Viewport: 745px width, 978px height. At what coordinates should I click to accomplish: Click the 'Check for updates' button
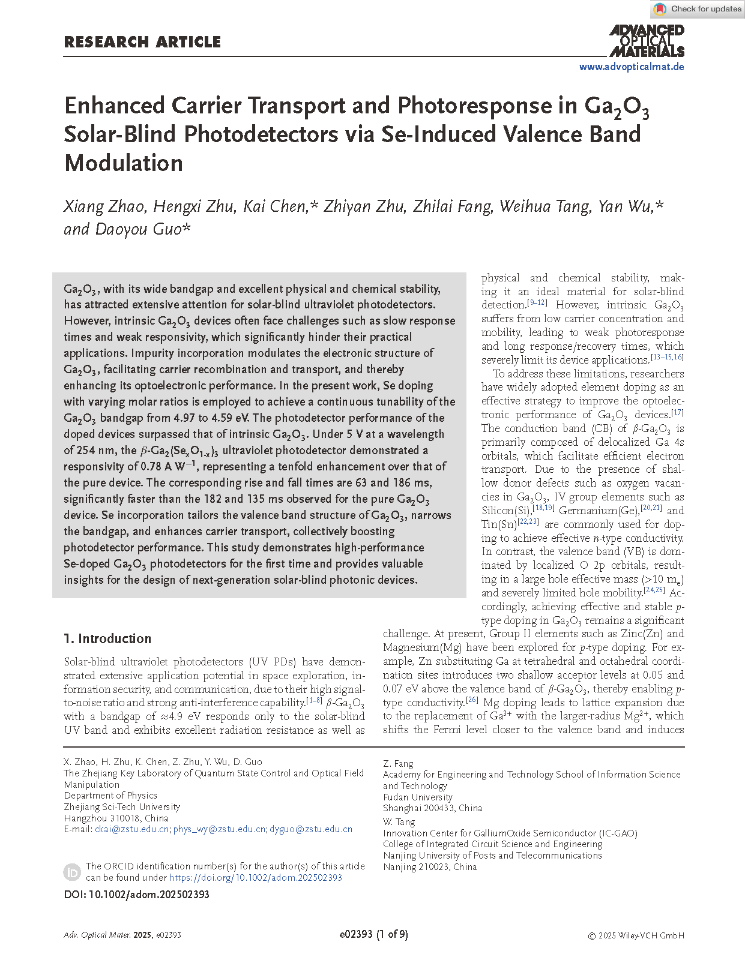tap(698, 9)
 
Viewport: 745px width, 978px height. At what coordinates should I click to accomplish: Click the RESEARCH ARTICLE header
tap(142, 42)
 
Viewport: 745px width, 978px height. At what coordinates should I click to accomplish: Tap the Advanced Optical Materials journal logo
tap(647, 41)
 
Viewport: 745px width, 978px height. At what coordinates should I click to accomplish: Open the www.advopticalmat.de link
tap(631, 67)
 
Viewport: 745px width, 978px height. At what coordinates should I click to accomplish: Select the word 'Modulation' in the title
tap(124, 163)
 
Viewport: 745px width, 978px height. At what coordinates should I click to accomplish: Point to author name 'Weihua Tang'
tap(544, 206)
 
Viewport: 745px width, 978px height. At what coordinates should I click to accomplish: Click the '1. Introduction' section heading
tap(107, 638)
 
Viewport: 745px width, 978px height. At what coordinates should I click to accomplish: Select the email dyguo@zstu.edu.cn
tap(311, 829)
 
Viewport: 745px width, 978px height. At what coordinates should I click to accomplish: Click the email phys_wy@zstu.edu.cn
tap(219, 829)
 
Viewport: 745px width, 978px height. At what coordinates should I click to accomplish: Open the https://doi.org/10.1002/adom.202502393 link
tap(256, 877)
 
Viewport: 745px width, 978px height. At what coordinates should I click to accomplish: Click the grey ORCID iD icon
tap(72, 872)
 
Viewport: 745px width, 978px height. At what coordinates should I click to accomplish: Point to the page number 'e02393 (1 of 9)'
tap(373, 934)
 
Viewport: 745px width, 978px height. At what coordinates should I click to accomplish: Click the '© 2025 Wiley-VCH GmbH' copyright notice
tap(636, 935)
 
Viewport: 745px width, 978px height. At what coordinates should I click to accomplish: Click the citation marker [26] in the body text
tap(472, 700)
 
